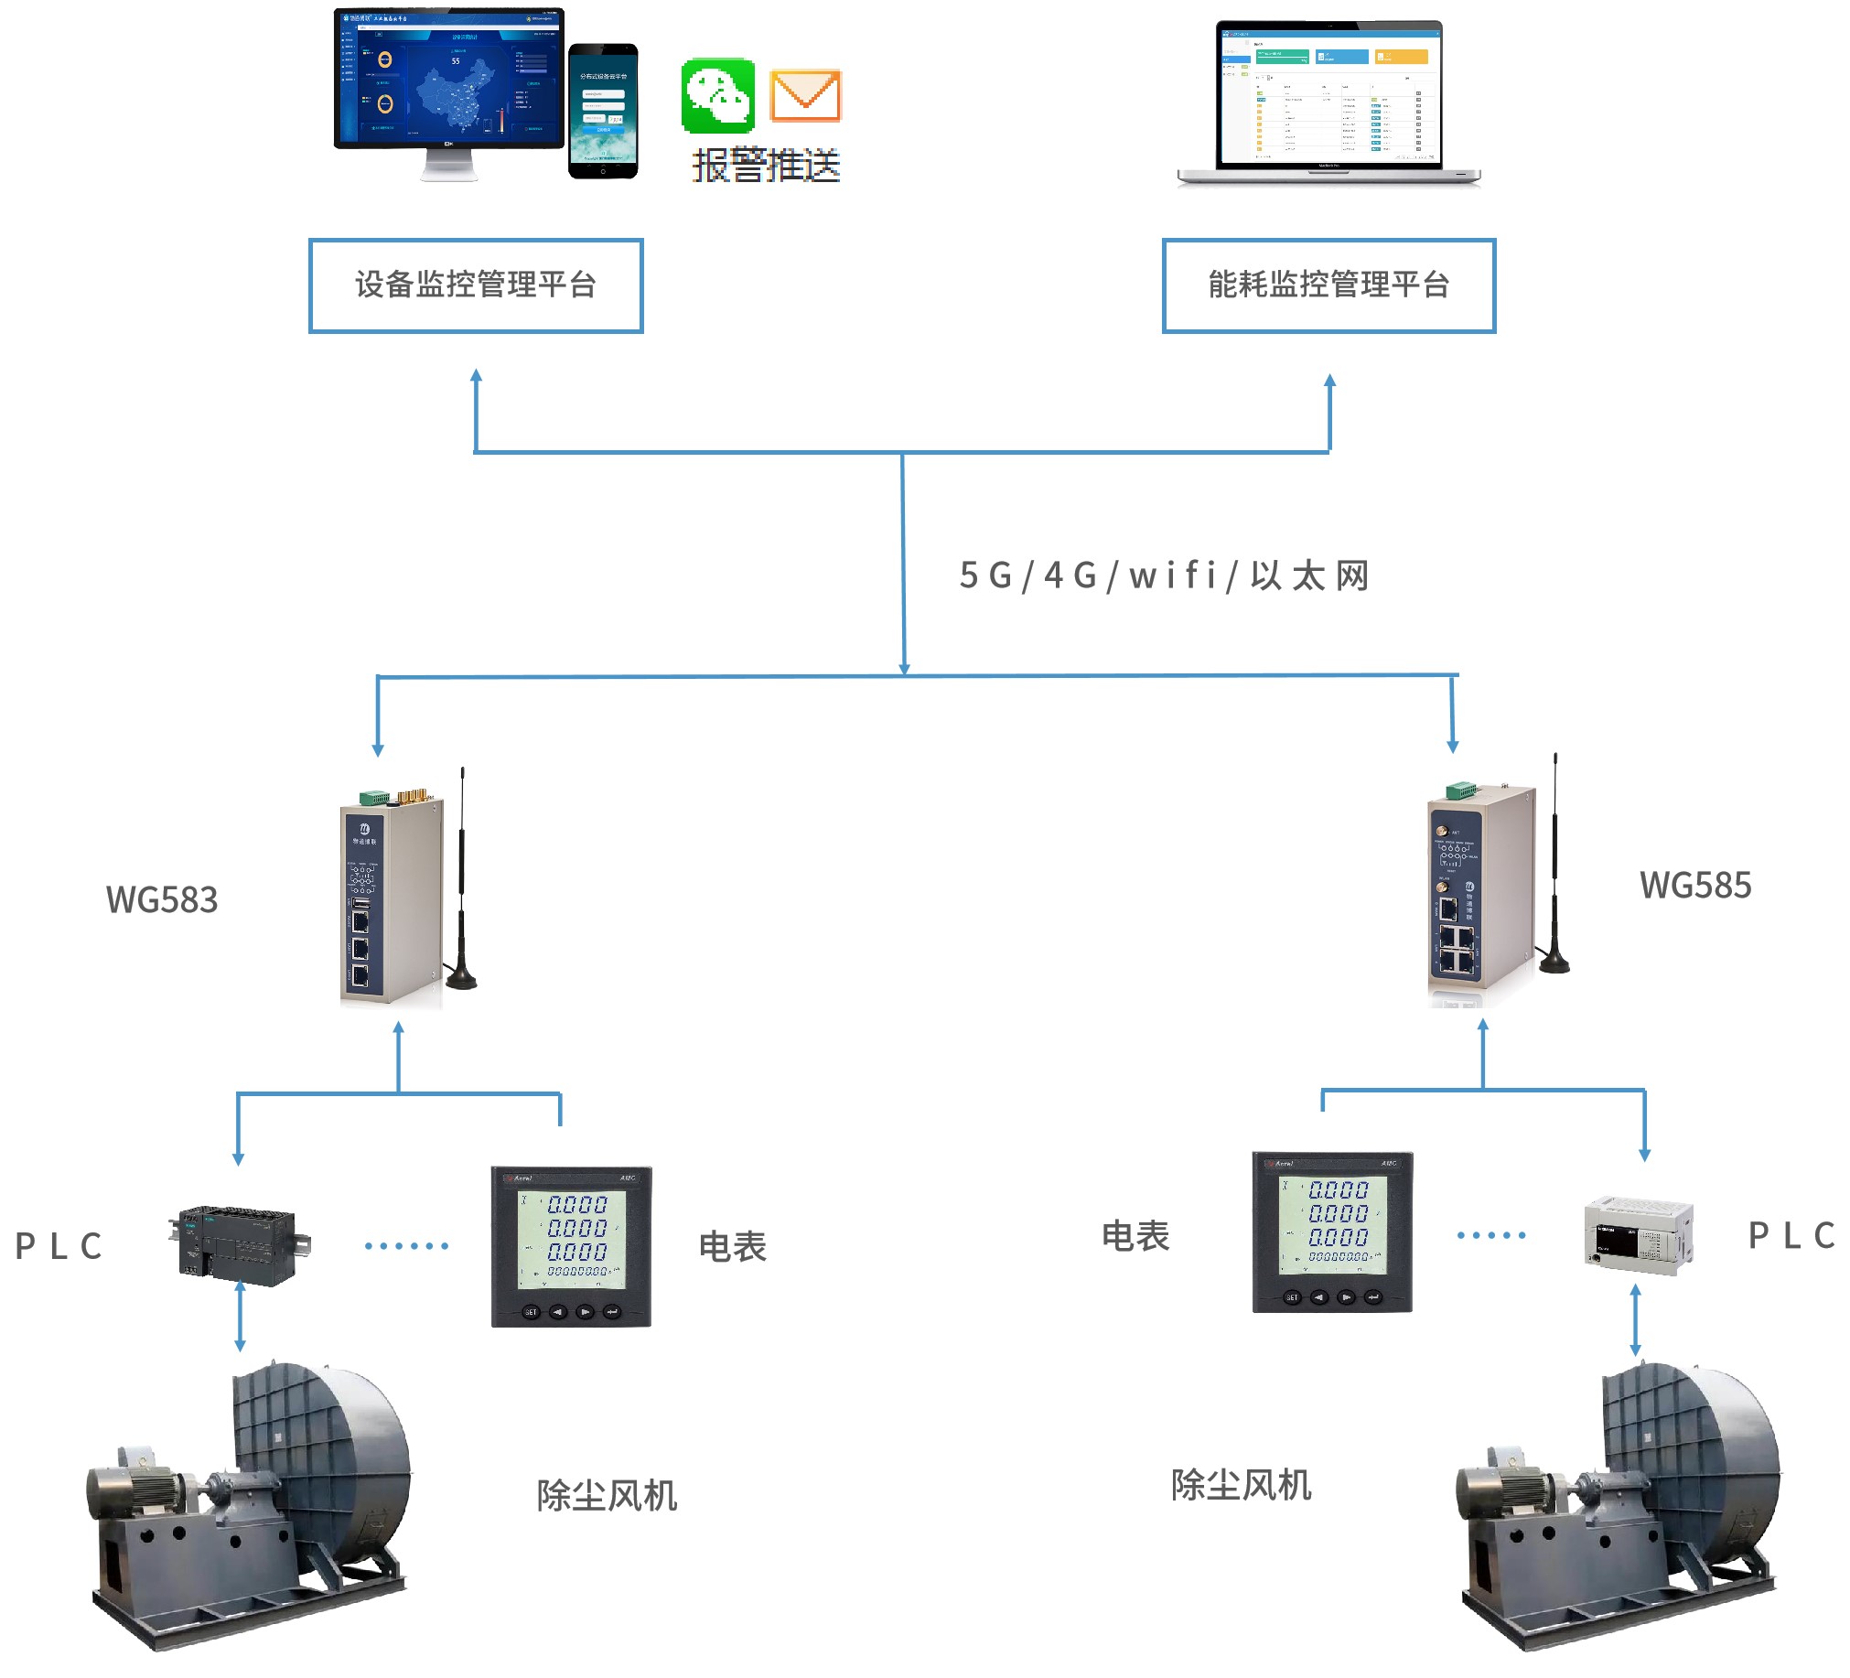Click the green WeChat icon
coord(717,96)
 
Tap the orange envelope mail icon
coord(805,95)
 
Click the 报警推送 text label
coord(766,166)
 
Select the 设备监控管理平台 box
coord(476,285)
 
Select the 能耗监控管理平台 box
coord(1328,285)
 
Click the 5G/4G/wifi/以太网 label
coord(1164,576)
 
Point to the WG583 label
coord(162,900)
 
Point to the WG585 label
coord(1694,886)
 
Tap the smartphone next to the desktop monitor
coord(603,111)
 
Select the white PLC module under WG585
coord(1638,1235)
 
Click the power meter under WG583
coord(571,1246)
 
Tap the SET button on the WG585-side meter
coord(1292,1297)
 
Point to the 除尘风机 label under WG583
coord(607,1496)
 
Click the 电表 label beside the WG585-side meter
coord(1135,1237)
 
